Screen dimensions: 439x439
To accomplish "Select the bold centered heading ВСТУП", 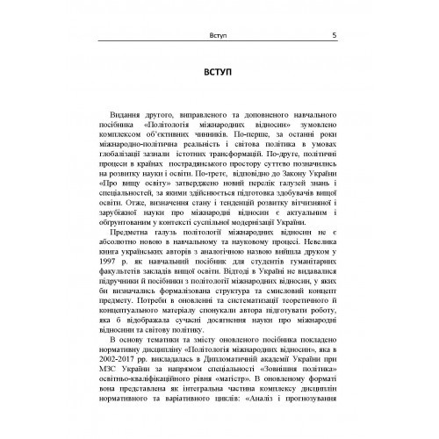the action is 219,73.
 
